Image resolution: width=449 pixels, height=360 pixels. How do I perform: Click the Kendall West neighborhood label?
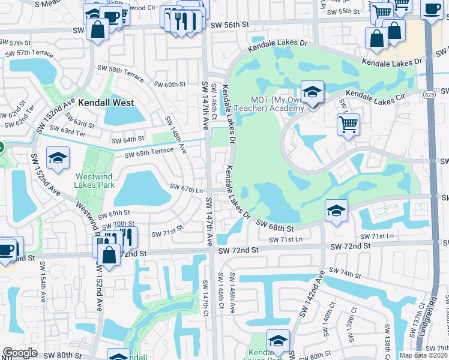point(106,103)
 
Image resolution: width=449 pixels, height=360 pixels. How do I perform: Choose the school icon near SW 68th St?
point(336,211)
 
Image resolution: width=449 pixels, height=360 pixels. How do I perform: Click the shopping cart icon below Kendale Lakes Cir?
point(348,125)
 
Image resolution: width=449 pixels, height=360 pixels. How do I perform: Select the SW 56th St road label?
point(229,24)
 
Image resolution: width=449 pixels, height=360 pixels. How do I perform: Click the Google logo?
point(20,353)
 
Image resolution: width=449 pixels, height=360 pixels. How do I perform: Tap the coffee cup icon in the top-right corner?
point(432,8)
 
